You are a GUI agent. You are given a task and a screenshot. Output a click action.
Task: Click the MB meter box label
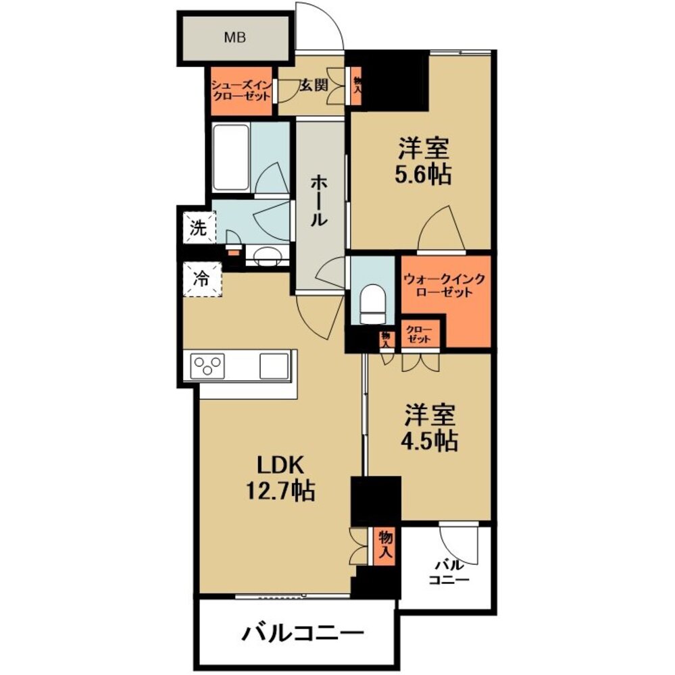(235, 37)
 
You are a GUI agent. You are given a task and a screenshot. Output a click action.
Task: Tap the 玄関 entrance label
(314, 85)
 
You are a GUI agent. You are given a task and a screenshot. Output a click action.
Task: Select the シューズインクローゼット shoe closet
(241, 91)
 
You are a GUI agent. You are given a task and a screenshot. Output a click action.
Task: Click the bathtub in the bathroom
(232, 157)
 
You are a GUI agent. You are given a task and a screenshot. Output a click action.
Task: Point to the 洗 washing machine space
(199, 228)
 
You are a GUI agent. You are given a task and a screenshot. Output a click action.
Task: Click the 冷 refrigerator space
(202, 279)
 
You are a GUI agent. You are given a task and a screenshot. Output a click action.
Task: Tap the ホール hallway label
(320, 200)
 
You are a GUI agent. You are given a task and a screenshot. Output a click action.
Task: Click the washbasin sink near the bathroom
(267, 256)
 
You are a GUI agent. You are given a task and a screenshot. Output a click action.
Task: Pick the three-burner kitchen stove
(207, 366)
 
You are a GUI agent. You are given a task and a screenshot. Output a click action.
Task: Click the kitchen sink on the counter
(274, 366)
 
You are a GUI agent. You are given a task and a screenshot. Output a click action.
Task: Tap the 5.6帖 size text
(423, 175)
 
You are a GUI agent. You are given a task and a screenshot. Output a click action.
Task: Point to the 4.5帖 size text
(429, 440)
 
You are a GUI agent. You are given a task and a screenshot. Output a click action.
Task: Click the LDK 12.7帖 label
(280, 479)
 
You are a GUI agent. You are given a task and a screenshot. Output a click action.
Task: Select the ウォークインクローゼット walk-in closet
(445, 286)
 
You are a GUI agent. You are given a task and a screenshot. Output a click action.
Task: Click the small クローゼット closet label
(419, 334)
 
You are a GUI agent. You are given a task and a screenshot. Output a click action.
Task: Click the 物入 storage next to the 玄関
(357, 86)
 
